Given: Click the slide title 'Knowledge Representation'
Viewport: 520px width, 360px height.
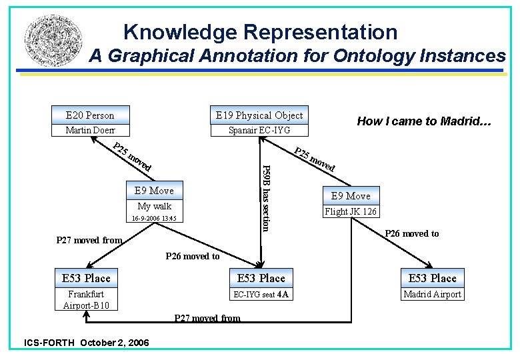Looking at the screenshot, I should click(260, 31).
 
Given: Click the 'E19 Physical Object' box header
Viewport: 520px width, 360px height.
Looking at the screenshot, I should click(259, 115).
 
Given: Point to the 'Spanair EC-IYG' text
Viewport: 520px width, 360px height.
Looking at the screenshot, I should click(259, 130).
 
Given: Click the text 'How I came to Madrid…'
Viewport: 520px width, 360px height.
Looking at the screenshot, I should click(424, 121).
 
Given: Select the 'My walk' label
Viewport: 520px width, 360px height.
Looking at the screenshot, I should click(154, 206).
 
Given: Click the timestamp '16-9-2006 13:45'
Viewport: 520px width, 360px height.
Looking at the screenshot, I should click(154, 219).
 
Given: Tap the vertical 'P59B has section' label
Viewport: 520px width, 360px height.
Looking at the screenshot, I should click(265, 197).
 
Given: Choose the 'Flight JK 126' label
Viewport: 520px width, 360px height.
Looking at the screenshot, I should click(350, 212).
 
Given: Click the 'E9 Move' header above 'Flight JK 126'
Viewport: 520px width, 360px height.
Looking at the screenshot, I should click(350, 196).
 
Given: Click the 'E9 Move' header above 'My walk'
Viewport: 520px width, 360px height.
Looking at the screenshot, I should click(154, 191).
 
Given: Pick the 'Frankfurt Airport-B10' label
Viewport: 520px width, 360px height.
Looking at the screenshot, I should click(86, 299).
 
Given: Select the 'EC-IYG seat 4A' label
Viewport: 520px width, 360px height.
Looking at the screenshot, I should click(261, 294).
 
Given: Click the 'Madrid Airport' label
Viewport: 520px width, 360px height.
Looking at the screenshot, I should click(432, 294).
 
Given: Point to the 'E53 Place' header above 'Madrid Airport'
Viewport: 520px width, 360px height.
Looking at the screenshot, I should click(432, 278).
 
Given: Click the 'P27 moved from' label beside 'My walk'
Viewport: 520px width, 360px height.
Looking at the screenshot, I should click(89, 240).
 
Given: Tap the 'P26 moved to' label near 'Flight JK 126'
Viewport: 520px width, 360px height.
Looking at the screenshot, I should click(412, 233).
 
